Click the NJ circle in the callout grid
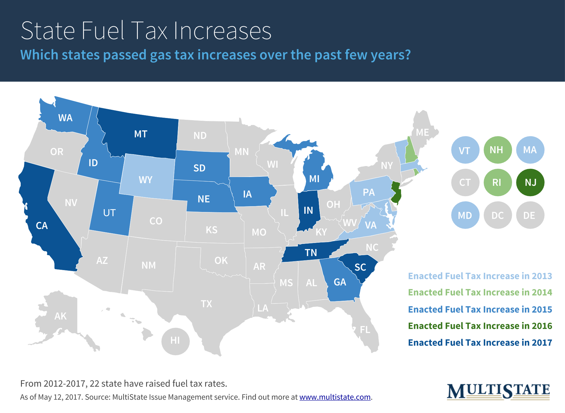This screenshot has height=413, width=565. [x=530, y=182]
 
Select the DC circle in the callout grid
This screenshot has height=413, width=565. [x=498, y=215]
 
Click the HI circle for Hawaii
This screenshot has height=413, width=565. [x=175, y=341]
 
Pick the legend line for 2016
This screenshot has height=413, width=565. [x=480, y=326]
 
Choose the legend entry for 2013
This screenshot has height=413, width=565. [x=480, y=276]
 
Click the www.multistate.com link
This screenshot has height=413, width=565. [x=335, y=397]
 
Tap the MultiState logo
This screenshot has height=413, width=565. [x=498, y=391]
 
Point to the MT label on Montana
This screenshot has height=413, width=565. [x=141, y=134]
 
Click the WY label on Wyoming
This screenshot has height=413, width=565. [x=145, y=180]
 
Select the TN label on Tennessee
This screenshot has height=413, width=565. [x=311, y=253]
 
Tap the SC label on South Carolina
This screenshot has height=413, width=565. [x=360, y=267]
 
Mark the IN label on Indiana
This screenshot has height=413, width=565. [x=308, y=210]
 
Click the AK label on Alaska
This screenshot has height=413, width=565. [x=60, y=316]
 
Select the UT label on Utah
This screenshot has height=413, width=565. [x=109, y=213]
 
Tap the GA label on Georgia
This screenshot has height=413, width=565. [x=340, y=282]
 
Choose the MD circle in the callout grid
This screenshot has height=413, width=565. [x=465, y=215]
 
